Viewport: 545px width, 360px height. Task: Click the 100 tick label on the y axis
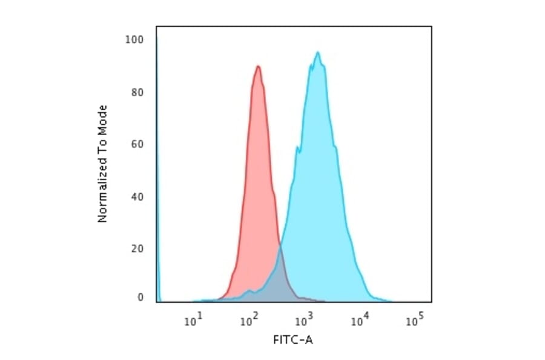click(x=134, y=40)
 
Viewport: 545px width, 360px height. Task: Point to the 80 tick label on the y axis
click(x=137, y=93)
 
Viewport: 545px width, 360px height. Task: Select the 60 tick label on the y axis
click(x=137, y=144)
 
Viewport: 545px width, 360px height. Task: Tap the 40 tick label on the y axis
click(x=137, y=196)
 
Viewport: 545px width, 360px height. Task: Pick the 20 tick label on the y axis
click(x=137, y=248)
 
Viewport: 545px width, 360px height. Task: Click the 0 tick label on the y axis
click(x=140, y=298)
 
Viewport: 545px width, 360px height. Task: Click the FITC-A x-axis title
click(x=293, y=340)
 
